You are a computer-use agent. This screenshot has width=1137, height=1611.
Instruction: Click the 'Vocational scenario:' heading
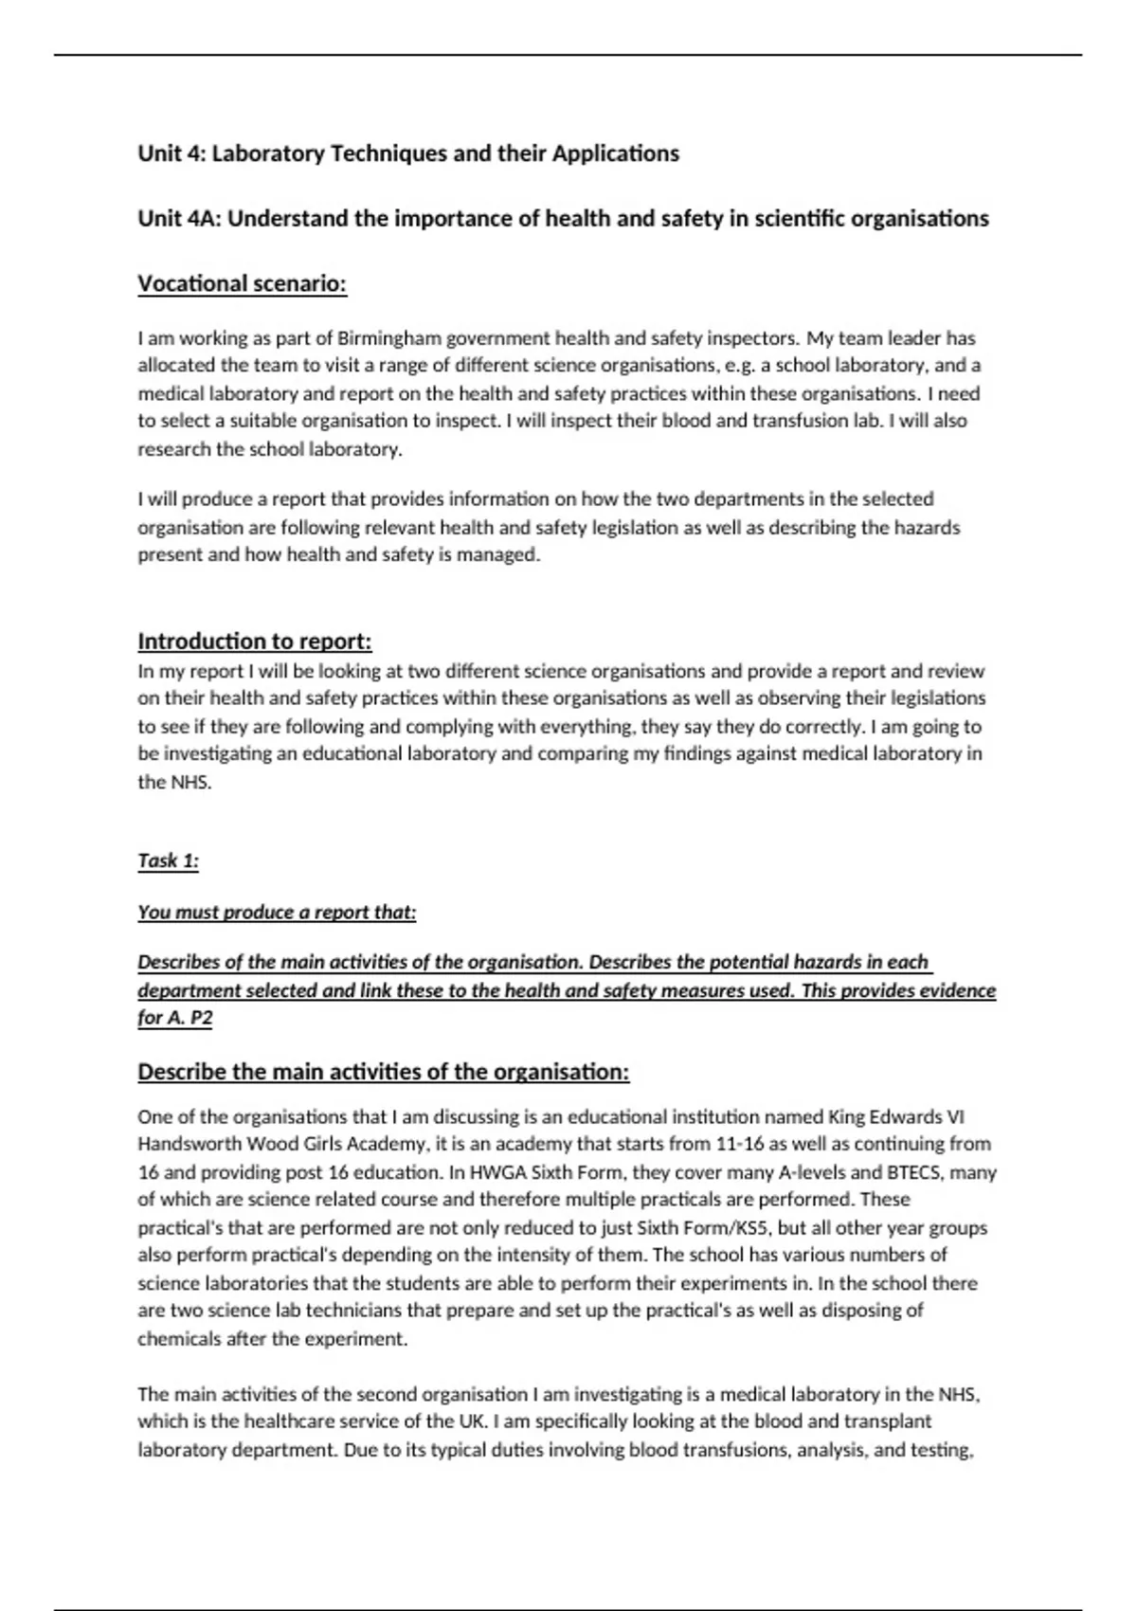[243, 284]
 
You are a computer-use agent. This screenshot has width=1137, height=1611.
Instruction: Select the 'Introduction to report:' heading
[255, 642]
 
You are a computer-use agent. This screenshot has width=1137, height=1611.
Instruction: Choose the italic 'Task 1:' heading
[169, 860]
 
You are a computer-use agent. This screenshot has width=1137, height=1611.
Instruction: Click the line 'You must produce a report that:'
[277, 913]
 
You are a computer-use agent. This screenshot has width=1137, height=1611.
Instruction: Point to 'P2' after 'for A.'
[201, 1019]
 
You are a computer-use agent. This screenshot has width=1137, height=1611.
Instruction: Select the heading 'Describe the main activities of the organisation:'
[384, 1072]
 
